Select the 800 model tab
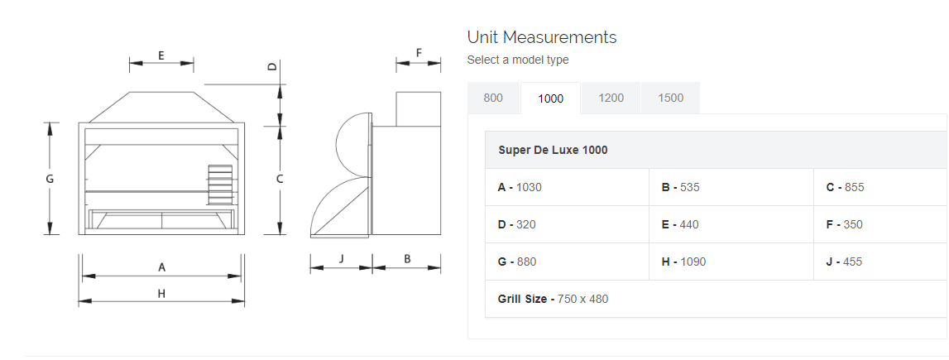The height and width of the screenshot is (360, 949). click(493, 98)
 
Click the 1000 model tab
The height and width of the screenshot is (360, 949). click(550, 98)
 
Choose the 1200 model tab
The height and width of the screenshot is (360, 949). click(611, 98)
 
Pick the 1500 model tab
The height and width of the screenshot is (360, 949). click(670, 98)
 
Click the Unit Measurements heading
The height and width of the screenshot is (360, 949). click(541, 37)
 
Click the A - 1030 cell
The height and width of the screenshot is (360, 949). click(520, 187)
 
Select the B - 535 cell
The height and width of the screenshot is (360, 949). click(680, 187)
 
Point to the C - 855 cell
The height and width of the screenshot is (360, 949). click(845, 187)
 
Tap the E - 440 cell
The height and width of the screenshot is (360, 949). click(680, 224)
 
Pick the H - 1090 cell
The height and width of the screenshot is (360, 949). click(683, 262)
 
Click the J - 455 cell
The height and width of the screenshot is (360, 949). click(844, 262)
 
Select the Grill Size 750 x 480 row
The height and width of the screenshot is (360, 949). click(553, 299)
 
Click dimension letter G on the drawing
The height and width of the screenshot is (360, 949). click(50, 179)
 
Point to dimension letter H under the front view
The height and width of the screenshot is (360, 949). click(161, 293)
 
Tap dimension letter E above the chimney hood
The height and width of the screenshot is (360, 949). click(161, 55)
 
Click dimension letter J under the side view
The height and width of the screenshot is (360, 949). click(342, 259)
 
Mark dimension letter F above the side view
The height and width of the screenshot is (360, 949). click(419, 53)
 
